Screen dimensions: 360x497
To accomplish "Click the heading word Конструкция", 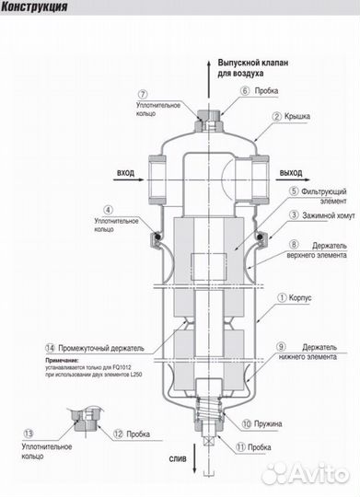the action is (x=34, y=7).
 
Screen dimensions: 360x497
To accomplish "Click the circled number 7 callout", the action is (x=144, y=95).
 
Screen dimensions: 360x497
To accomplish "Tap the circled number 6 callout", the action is (x=245, y=91).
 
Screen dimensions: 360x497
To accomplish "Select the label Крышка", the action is (x=297, y=116).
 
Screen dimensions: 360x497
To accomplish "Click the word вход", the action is (x=125, y=173).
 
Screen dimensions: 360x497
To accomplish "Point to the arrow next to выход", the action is (x=293, y=179).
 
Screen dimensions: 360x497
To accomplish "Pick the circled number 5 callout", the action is (x=295, y=191).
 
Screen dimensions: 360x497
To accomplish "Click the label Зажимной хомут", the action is (x=329, y=216).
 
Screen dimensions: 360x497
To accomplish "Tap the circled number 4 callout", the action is (x=108, y=210).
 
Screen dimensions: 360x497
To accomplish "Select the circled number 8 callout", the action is (x=294, y=245).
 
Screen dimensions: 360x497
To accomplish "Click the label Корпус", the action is (x=300, y=298).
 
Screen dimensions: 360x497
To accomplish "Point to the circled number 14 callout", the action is (x=50, y=348).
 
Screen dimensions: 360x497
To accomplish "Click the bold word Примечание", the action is (x=62, y=361).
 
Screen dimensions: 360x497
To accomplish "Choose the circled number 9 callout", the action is (x=281, y=347).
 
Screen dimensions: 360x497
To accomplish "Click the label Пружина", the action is (x=268, y=424).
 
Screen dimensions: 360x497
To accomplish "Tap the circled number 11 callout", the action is (x=240, y=447).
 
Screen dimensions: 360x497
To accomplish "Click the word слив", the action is (x=178, y=458).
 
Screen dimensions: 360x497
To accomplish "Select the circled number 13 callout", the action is (x=29, y=433).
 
